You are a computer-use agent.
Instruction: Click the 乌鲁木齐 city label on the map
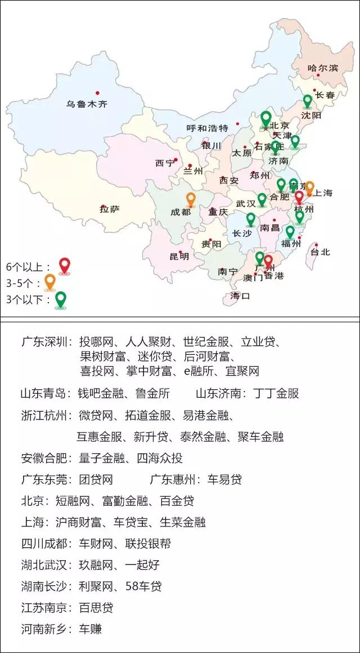(87, 103)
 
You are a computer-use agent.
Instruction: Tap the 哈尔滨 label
(323, 68)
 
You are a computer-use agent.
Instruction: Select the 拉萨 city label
(110, 209)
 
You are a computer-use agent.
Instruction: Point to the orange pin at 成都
(191, 199)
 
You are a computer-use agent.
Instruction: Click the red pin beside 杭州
(299, 197)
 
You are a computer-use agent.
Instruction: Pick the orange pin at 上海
(309, 187)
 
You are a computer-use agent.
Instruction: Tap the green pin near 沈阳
(307, 101)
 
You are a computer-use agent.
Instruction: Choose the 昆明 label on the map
(179, 256)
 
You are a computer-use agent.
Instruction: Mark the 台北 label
(321, 252)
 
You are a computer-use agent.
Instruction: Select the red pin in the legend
(65, 265)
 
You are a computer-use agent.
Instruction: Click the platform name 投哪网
(97, 342)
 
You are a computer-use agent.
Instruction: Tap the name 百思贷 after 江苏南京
(96, 608)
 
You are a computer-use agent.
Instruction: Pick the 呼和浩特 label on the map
(207, 128)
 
